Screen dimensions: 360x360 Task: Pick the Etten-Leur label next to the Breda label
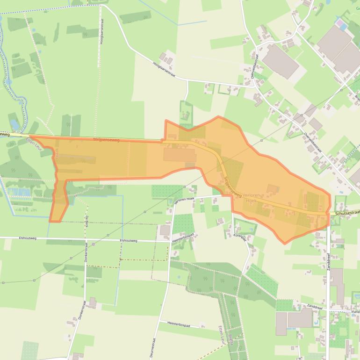(222, 335)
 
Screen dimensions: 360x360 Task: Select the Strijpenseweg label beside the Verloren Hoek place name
(231, 187)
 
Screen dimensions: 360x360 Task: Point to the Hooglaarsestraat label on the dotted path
(101, 33)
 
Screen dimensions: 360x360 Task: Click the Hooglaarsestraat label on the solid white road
(163, 72)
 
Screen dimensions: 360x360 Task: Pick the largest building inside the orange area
(180, 155)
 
